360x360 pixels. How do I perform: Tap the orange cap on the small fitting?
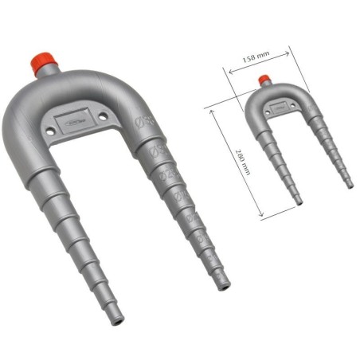pyautogui.click(x=264, y=80)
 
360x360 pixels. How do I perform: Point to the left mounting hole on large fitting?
pyautogui.click(x=54, y=126)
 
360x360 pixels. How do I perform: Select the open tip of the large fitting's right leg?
pyautogui.click(x=225, y=283)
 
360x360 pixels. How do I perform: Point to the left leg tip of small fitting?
pyautogui.click(x=299, y=202)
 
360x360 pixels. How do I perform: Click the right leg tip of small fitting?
pyautogui.click(x=350, y=185)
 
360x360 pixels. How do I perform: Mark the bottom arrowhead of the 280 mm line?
pyautogui.click(x=263, y=216)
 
